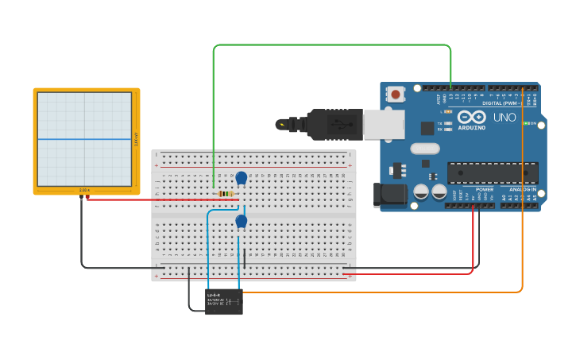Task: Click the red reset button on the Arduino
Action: point(396,95)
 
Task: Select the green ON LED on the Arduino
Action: point(525,123)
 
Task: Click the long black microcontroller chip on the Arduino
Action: point(493,173)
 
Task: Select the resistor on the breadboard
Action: point(226,194)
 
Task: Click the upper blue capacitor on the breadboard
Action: point(242,178)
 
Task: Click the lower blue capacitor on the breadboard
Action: point(241,222)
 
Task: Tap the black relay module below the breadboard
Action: point(223,301)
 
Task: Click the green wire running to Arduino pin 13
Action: point(334,45)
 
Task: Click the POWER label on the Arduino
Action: point(484,190)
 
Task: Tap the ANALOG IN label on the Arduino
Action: point(522,190)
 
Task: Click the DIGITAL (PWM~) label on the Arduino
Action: point(504,103)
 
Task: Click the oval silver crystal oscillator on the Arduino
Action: point(425,148)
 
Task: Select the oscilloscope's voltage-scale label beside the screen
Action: point(136,139)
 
